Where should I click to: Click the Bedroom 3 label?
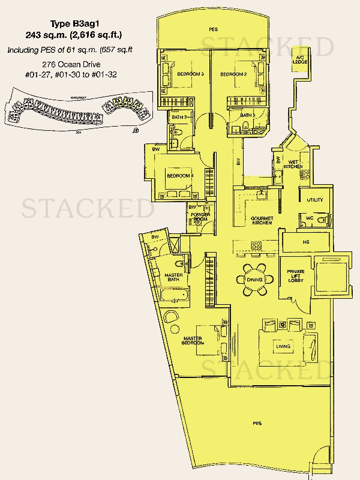[x=191, y=74]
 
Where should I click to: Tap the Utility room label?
[x=314, y=199]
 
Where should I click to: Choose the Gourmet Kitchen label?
[x=262, y=220]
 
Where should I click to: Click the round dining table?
[x=256, y=279]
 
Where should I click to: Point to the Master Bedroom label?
[x=193, y=340]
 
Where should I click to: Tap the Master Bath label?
[x=173, y=277]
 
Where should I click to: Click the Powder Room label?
[x=199, y=217]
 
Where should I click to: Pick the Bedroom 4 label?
[x=179, y=176]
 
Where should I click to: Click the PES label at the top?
[x=213, y=29]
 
